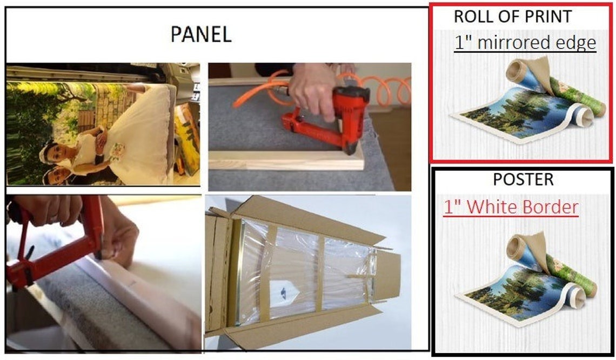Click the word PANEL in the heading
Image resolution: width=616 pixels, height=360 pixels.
point(201,34)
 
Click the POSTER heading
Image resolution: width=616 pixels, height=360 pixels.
point(523,179)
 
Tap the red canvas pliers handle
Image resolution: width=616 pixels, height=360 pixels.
point(55,244)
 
